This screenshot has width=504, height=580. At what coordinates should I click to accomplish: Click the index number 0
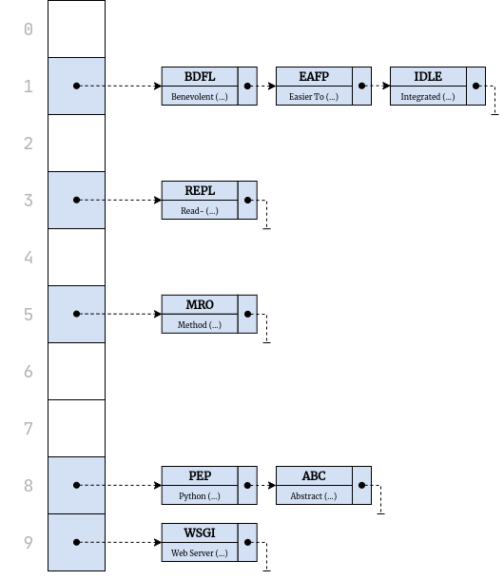click(x=29, y=29)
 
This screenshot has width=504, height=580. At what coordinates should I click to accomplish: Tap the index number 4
click(x=29, y=258)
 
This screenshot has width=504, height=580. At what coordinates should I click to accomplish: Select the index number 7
click(x=29, y=429)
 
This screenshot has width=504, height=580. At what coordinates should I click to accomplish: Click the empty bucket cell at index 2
click(x=76, y=144)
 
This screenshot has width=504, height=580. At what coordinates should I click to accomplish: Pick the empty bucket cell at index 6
click(x=76, y=372)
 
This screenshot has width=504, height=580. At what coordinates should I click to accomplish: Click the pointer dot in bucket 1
click(x=77, y=87)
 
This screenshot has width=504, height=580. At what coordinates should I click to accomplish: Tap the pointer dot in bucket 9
click(x=77, y=543)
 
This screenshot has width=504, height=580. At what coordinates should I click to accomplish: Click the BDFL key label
click(x=200, y=77)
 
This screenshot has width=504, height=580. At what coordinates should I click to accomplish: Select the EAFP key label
click(x=314, y=77)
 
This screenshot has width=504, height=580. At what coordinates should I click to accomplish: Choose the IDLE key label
click(x=428, y=77)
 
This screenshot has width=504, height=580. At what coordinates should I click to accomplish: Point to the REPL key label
click(x=200, y=191)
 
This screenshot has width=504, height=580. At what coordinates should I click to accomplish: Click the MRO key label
click(x=200, y=305)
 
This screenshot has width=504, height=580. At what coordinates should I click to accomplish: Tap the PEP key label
click(x=200, y=476)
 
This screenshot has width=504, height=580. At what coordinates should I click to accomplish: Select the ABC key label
click(x=314, y=476)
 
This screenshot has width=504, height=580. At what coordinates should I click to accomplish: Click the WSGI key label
click(x=200, y=533)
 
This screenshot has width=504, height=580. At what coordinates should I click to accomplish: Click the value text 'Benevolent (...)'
click(x=200, y=97)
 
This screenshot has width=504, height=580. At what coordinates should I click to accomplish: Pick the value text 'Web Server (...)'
click(x=200, y=553)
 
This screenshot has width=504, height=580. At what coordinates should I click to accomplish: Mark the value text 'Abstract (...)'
click(x=314, y=496)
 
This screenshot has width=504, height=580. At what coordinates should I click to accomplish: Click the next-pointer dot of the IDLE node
click(x=475, y=87)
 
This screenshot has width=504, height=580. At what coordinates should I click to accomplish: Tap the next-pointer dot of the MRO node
click(x=247, y=315)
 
